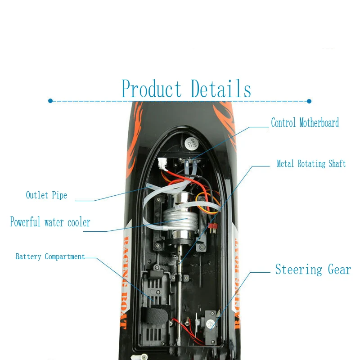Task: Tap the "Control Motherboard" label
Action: pos(305,122)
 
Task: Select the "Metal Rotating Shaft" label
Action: pos(311,164)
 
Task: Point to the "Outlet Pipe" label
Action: pos(46,195)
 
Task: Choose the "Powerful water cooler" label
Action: pos(50,222)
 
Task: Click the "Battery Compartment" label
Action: pos(50,257)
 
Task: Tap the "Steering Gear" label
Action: pos(313,270)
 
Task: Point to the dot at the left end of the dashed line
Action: pos(50,101)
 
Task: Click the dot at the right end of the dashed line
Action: pos(309,101)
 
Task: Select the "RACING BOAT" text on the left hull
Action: pos(126,279)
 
